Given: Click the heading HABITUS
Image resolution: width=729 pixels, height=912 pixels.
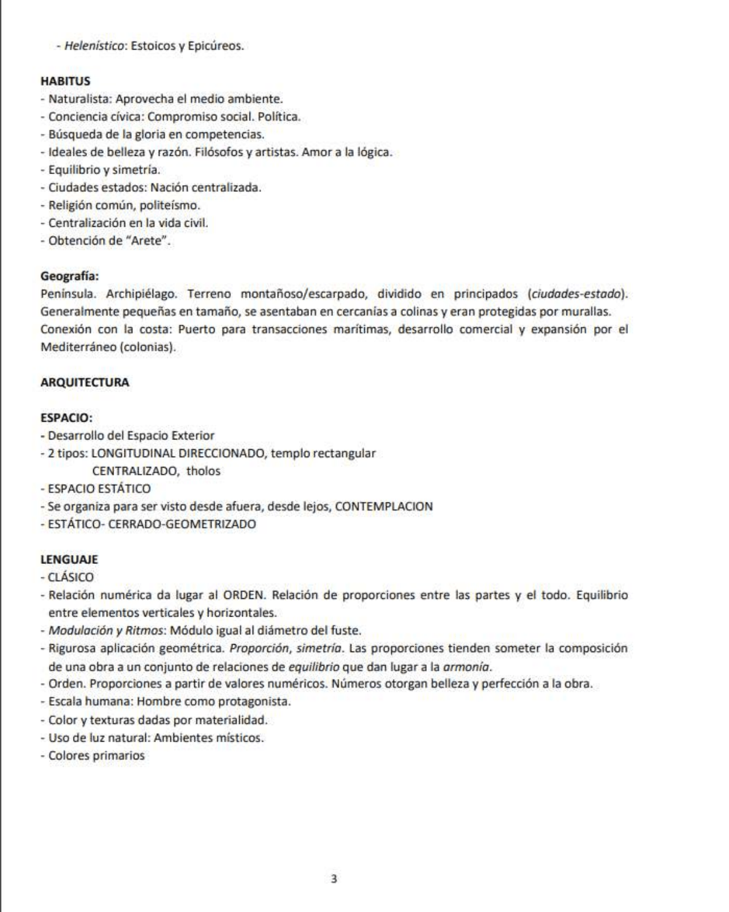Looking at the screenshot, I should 65,81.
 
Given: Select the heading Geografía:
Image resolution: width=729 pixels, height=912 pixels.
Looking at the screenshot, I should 69,276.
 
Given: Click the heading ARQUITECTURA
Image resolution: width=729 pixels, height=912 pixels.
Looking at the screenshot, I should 85,382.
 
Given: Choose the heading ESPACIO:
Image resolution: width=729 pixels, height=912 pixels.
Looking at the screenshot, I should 66,418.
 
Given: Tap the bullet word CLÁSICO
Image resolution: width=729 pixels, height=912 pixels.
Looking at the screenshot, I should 71,577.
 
